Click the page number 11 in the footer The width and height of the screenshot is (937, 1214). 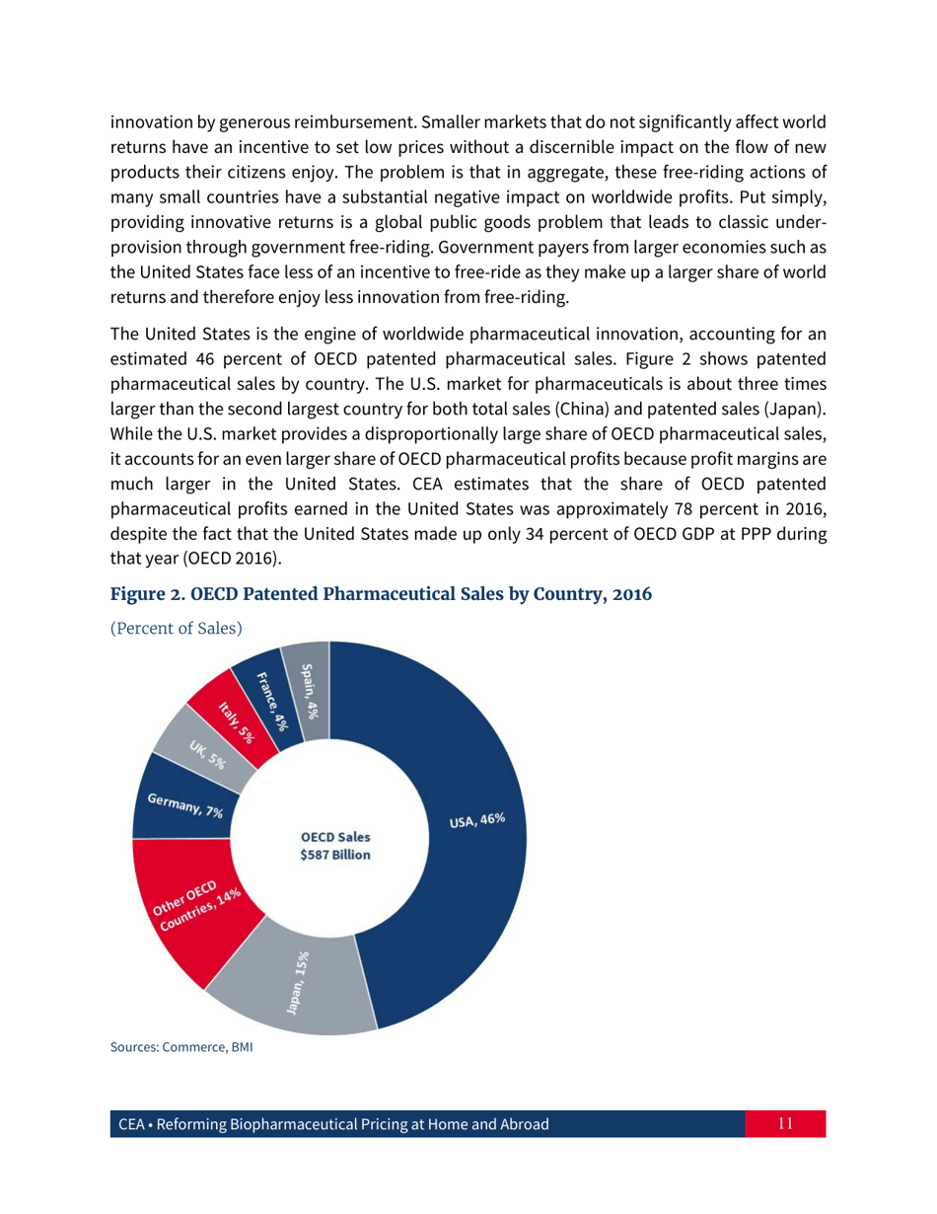[786, 1123]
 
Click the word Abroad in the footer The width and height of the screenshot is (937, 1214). [518, 1124]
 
